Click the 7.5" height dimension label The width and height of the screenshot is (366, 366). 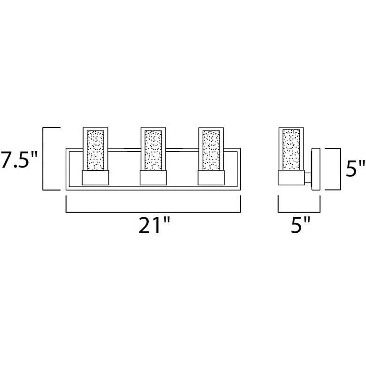click(x=19, y=160)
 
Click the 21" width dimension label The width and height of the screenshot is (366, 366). click(x=154, y=225)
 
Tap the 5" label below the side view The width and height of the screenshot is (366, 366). click(x=301, y=225)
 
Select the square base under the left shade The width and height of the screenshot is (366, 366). click(x=95, y=178)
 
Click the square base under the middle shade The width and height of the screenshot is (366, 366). click(x=153, y=178)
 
